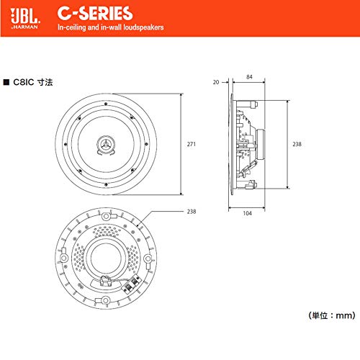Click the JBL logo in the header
click(x=25, y=17)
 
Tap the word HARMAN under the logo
click(x=25, y=27)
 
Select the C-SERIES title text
click(x=95, y=14)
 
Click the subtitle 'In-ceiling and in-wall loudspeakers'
click(x=110, y=27)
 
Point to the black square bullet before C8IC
click(x=6, y=82)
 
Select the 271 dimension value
click(x=192, y=144)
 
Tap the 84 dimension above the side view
click(x=249, y=77)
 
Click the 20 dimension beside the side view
click(x=216, y=82)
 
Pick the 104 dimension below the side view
click(x=248, y=213)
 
